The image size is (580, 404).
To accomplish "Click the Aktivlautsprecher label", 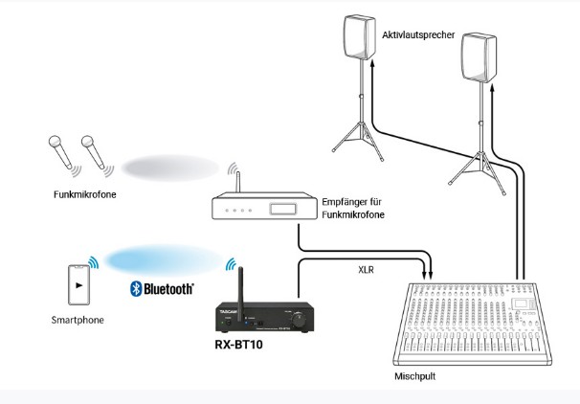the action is click(418, 35).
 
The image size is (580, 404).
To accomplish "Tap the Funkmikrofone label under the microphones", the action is click(85, 194).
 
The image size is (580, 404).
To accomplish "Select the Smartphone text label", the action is click(78, 320).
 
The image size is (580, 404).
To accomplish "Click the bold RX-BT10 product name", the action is click(238, 345).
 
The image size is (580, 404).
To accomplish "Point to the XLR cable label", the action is click(366, 270).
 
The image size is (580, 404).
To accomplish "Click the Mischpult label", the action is click(414, 376).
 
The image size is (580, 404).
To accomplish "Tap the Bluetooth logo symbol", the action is click(136, 288).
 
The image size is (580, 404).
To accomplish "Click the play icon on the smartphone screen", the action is click(78, 285).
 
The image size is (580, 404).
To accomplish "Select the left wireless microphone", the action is click(60, 151).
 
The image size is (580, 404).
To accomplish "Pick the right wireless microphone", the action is click(93, 151).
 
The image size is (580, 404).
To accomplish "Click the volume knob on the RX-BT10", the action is click(299, 319).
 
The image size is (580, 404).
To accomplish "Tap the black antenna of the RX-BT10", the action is click(240, 294).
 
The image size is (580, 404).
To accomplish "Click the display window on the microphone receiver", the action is click(283, 209).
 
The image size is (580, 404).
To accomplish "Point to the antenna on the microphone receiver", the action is click(238, 182).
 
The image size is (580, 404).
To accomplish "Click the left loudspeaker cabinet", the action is click(360, 37).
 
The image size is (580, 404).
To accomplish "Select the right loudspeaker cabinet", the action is click(479, 57).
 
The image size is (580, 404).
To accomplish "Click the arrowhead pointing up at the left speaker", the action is click(372, 64).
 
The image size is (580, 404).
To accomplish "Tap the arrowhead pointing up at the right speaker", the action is click(492, 88).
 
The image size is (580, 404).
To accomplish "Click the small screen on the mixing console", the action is click(521, 304).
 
